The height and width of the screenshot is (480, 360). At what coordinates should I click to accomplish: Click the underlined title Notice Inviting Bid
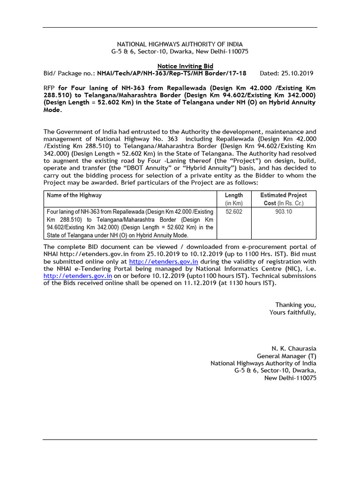[184, 67]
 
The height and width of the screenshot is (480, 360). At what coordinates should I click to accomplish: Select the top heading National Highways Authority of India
[180, 44]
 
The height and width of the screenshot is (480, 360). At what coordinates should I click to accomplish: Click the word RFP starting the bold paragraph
[49, 88]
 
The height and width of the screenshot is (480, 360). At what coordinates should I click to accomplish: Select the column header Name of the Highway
[74, 195]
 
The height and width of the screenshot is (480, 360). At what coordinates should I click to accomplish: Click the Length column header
[233, 199]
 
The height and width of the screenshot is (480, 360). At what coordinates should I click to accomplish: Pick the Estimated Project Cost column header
[283, 199]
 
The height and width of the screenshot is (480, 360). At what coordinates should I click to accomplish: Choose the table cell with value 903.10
[283, 212]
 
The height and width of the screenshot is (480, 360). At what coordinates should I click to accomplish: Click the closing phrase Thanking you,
[295, 305]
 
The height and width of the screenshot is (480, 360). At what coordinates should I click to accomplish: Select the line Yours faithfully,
[292, 312]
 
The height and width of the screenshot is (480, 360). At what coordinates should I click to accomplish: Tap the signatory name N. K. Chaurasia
[294, 349]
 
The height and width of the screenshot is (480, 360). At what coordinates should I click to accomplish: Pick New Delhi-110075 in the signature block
[290, 378]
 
